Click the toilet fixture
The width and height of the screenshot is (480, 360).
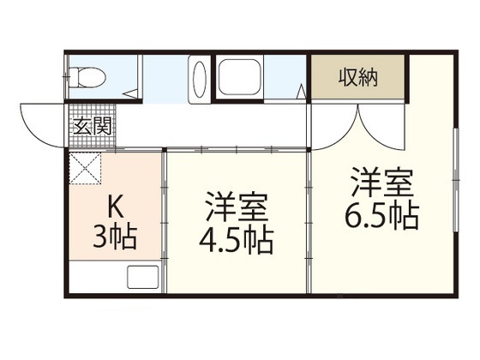[87, 76]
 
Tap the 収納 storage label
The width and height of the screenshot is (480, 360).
[358, 77]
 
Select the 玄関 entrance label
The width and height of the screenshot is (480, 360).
[93, 126]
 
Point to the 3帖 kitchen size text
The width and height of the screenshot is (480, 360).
[115, 236]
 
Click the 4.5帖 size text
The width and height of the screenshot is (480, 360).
[236, 241]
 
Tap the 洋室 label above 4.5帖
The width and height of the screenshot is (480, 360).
[237, 207]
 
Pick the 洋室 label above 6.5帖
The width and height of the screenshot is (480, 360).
[382, 182]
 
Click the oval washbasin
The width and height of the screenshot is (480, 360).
[200, 80]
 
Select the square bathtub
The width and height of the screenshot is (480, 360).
[239, 77]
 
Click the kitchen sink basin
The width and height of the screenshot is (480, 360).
[143, 277]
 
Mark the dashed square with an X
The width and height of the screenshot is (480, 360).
[85, 168]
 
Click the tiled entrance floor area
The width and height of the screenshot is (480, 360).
[93, 126]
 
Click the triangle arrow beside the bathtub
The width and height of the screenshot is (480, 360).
[301, 91]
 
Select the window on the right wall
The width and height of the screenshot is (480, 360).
[456, 180]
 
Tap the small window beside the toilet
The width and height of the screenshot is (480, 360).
[65, 76]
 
